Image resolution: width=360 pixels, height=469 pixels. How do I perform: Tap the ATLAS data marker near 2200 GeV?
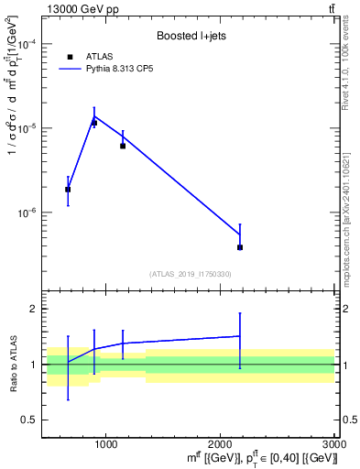tap(240, 247)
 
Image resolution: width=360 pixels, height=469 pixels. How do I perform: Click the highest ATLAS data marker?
tap(93, 123)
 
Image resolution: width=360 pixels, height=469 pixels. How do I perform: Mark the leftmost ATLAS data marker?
tap(68, 190)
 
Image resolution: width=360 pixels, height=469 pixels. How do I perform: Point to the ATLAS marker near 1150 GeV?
tap(123, 146)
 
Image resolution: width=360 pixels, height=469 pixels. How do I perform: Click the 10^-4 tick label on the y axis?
tap(27, 45)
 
